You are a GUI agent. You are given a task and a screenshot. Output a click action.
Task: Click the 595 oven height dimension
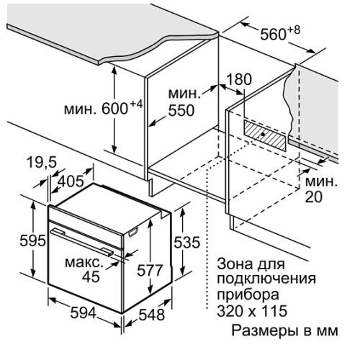pyautogui.click(x=32, y=240)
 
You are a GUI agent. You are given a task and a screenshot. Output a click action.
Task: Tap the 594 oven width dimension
pyautogui.click(x=84, y=312)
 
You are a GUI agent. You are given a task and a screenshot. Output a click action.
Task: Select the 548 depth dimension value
pyautogui.click(x=152, y=315)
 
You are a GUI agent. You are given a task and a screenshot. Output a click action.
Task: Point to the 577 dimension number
pyautogui.click(x=150, y=271)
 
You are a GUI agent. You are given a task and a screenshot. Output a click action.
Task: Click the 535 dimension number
pyautogui.click(x=186, y=242)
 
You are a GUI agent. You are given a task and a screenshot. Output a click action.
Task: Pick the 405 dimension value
pyautogui.click(x=71, y=181)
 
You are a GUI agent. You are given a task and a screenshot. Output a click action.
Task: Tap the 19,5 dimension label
pyautogui.click(x=42, y=162)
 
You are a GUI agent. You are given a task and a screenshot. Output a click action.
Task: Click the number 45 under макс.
pyautogui.click(x=91, y=276)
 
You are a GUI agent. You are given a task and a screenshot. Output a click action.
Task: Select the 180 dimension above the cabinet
pyautogui.click(x=239, y=79)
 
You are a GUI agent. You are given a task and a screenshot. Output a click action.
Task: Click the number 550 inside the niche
pyautogui.click(x=181, y=110)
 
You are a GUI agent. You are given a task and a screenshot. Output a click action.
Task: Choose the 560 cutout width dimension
pyautogui.click(x=273, y=35)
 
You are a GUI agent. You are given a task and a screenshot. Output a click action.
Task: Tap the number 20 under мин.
pyautogui.click(x=314, y=197)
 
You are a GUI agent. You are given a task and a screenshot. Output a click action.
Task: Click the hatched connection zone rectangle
pyautogui.click(x=265, y=135)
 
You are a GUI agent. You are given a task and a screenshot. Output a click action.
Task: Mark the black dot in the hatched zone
pyautogui.click(x=263, y=135)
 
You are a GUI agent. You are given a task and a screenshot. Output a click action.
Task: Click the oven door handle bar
pyautogui.click(x=81, y=242)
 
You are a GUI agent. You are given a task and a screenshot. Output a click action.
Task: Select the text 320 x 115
pyautogui.click(x=252, y=310)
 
